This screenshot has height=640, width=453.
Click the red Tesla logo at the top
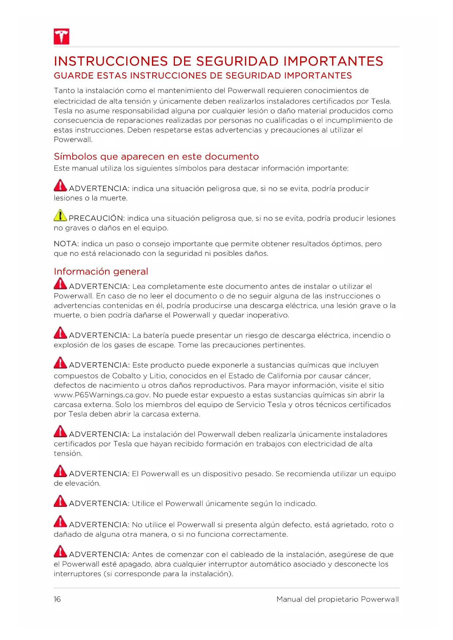(61, 36)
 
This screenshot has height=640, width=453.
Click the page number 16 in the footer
(57, 599)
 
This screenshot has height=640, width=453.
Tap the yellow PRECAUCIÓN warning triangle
(60, 216)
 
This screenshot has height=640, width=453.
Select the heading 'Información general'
(101, 271)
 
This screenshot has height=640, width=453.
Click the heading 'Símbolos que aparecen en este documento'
(156, 157)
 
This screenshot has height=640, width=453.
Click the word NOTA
(66, 244)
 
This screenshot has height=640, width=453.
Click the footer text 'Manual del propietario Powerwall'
(338, 599)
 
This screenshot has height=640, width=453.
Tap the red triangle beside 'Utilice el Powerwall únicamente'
(60, 501)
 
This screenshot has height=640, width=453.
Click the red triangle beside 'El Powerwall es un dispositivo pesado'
(60, 471)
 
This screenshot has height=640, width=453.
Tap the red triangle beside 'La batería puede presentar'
(60, 333)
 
